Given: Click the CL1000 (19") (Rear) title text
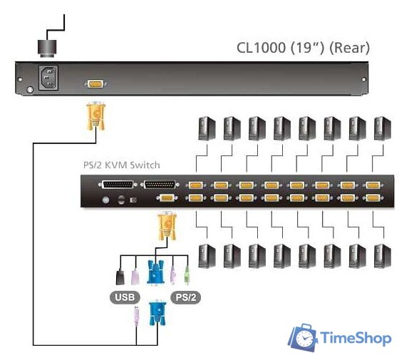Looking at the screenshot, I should click(304, 48).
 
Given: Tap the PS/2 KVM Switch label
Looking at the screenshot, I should click(122, 165).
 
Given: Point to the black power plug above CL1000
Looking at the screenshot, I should click(48, 48).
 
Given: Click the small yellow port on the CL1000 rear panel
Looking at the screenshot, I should click(94, 84).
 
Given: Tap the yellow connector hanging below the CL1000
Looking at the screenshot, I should click(95, 116).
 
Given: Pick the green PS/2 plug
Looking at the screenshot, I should click(187, 274).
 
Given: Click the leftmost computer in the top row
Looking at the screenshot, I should click(206, 128).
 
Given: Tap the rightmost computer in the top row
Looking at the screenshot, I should click(382, 128).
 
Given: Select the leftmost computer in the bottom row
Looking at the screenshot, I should click(206, 254).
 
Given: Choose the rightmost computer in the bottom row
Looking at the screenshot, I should click(382, 254).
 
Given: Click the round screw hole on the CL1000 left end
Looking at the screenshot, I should click(29, 91).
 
